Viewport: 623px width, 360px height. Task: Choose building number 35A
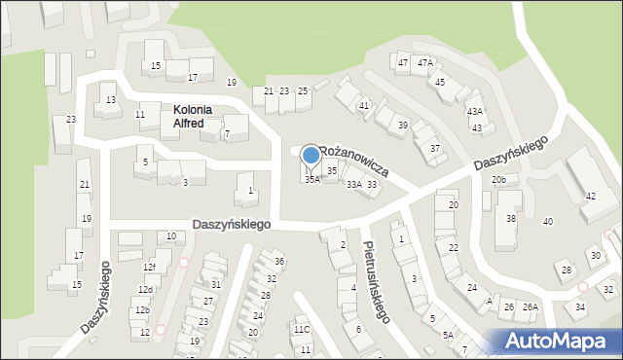(311, 180)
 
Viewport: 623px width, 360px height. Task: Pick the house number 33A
(354, 185)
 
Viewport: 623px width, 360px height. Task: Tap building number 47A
(424, 62)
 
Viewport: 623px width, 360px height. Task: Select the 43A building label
(474, 112)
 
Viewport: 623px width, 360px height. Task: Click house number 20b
(498, 180)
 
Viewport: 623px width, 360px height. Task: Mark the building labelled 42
(590, 197)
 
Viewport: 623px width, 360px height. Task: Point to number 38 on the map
(510, 219)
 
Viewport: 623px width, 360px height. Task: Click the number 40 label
(548, 222)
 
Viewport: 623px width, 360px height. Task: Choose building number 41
(364, 105)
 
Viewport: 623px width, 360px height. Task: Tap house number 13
(111, 100)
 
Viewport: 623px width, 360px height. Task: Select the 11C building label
(302, 329)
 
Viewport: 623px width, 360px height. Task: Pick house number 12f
(149, 268)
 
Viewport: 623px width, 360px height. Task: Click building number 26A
(531, 307)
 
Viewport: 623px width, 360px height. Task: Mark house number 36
(279, 261)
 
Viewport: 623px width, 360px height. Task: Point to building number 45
(440, 83)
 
